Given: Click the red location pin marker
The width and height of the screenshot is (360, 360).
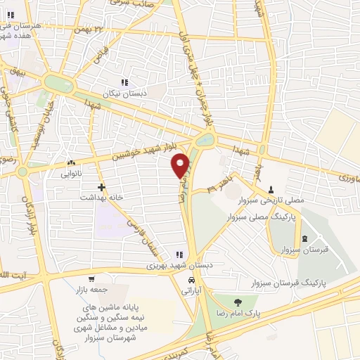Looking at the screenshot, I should [181, 164].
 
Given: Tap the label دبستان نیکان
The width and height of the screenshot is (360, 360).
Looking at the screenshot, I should [124, 94].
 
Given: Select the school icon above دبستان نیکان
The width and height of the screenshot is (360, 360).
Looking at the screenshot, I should [124, 83].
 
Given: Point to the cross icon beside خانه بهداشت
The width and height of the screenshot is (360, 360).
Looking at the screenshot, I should [103, 187].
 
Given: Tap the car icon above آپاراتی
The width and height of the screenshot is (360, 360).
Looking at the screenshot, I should [191, 278].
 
